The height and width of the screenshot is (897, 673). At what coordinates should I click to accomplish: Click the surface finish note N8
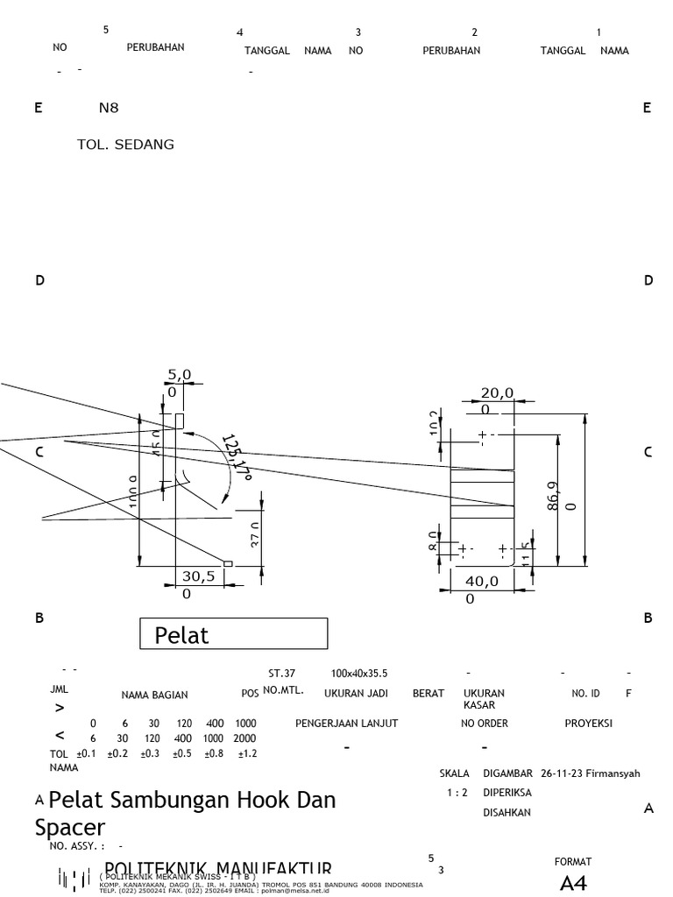[x=108, y=109]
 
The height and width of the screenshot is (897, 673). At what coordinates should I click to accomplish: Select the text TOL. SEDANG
[x=125, y=145]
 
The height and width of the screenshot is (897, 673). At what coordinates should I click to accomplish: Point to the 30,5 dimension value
[x=197, y=576]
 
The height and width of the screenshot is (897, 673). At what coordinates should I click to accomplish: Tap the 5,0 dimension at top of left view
[x=180, y=375]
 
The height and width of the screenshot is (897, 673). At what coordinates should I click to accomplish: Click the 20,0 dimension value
[x=497, y=393]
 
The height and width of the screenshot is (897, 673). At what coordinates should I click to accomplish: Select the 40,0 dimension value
[x=481, y=581]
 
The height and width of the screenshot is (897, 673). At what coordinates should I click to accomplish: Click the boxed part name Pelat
[x=182, y=635]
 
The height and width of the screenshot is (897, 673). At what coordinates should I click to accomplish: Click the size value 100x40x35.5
[x=359, y=674]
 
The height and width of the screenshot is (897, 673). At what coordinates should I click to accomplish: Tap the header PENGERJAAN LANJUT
[x=346, y=724]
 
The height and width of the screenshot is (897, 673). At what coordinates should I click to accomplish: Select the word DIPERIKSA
[x=507, y=793]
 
